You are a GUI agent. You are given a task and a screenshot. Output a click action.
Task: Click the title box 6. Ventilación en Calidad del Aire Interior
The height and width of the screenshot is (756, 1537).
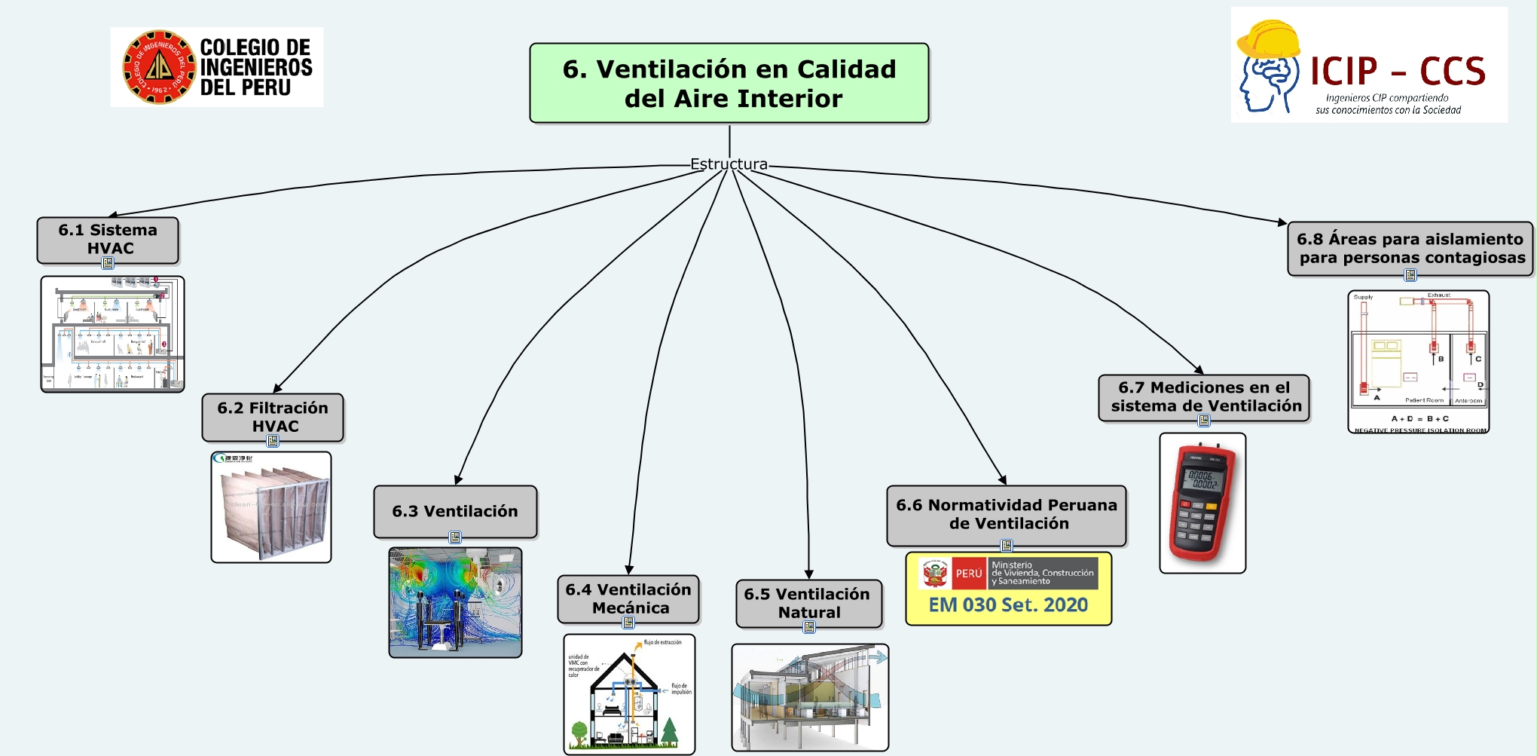click(729, 83)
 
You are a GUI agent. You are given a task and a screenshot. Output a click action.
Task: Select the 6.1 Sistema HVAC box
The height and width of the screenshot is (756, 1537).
click(108, 239)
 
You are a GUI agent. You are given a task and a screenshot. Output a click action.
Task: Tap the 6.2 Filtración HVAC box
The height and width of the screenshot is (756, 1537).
click(273, 416)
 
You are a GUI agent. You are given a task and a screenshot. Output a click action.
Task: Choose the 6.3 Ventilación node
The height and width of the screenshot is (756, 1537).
click(455, 511)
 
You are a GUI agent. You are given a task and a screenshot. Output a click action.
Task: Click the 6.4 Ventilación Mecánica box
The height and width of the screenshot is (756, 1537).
click(628, 598)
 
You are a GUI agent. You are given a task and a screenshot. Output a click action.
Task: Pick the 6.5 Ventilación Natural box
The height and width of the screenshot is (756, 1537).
click(808, 603)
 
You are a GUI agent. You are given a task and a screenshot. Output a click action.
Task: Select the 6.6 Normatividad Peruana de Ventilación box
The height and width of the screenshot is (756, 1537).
click(1007, 514)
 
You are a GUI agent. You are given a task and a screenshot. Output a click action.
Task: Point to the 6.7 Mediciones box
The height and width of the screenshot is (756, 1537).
click(1204, 396)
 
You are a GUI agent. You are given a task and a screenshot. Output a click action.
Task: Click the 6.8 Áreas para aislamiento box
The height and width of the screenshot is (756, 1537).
click(1410, 248)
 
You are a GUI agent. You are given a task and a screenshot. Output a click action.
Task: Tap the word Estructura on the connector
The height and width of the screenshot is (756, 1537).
click(729, 164)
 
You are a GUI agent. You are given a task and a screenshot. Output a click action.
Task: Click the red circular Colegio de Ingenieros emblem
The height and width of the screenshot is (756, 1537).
click(159, 67)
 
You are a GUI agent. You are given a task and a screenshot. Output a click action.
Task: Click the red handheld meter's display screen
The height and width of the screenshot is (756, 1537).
click(1202, 480)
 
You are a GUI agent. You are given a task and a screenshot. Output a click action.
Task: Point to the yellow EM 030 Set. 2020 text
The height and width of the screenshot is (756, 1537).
click(1008, 604)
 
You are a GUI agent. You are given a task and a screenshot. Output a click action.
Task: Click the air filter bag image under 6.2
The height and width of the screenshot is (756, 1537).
click(271, 507)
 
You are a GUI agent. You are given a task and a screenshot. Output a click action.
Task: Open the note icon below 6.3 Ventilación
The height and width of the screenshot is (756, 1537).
click(455, 537)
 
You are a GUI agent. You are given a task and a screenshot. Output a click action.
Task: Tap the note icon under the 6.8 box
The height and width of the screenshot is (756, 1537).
click(1410, 275)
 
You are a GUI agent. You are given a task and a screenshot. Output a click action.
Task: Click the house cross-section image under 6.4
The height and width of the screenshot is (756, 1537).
click(629, 694)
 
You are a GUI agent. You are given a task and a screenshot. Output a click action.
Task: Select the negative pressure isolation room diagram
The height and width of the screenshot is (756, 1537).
click(1418, 362)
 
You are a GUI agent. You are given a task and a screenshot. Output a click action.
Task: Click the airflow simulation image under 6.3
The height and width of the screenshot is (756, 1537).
click(455, 602)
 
